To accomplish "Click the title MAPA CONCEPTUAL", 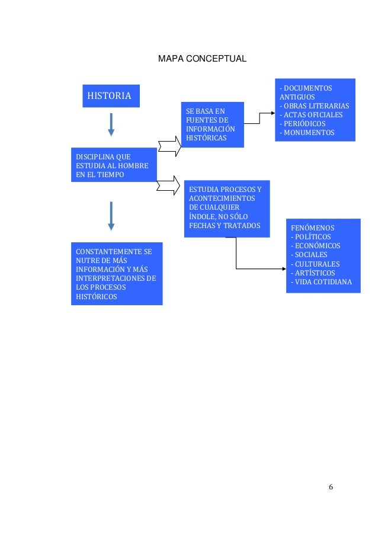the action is click(202, 59).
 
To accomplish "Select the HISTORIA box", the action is click(111, 96).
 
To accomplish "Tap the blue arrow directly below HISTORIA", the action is click(111, 124).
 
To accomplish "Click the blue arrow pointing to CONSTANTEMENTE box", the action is click(111, 216).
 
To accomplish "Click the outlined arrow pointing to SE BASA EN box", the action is click(169, 146).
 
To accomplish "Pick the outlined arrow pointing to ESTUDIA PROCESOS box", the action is click(168, 185).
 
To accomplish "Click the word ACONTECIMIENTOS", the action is click(222, 198).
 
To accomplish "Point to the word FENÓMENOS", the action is click(312, 228).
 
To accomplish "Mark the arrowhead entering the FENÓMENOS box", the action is click(284, 269).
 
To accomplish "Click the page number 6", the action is click(331, 487).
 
